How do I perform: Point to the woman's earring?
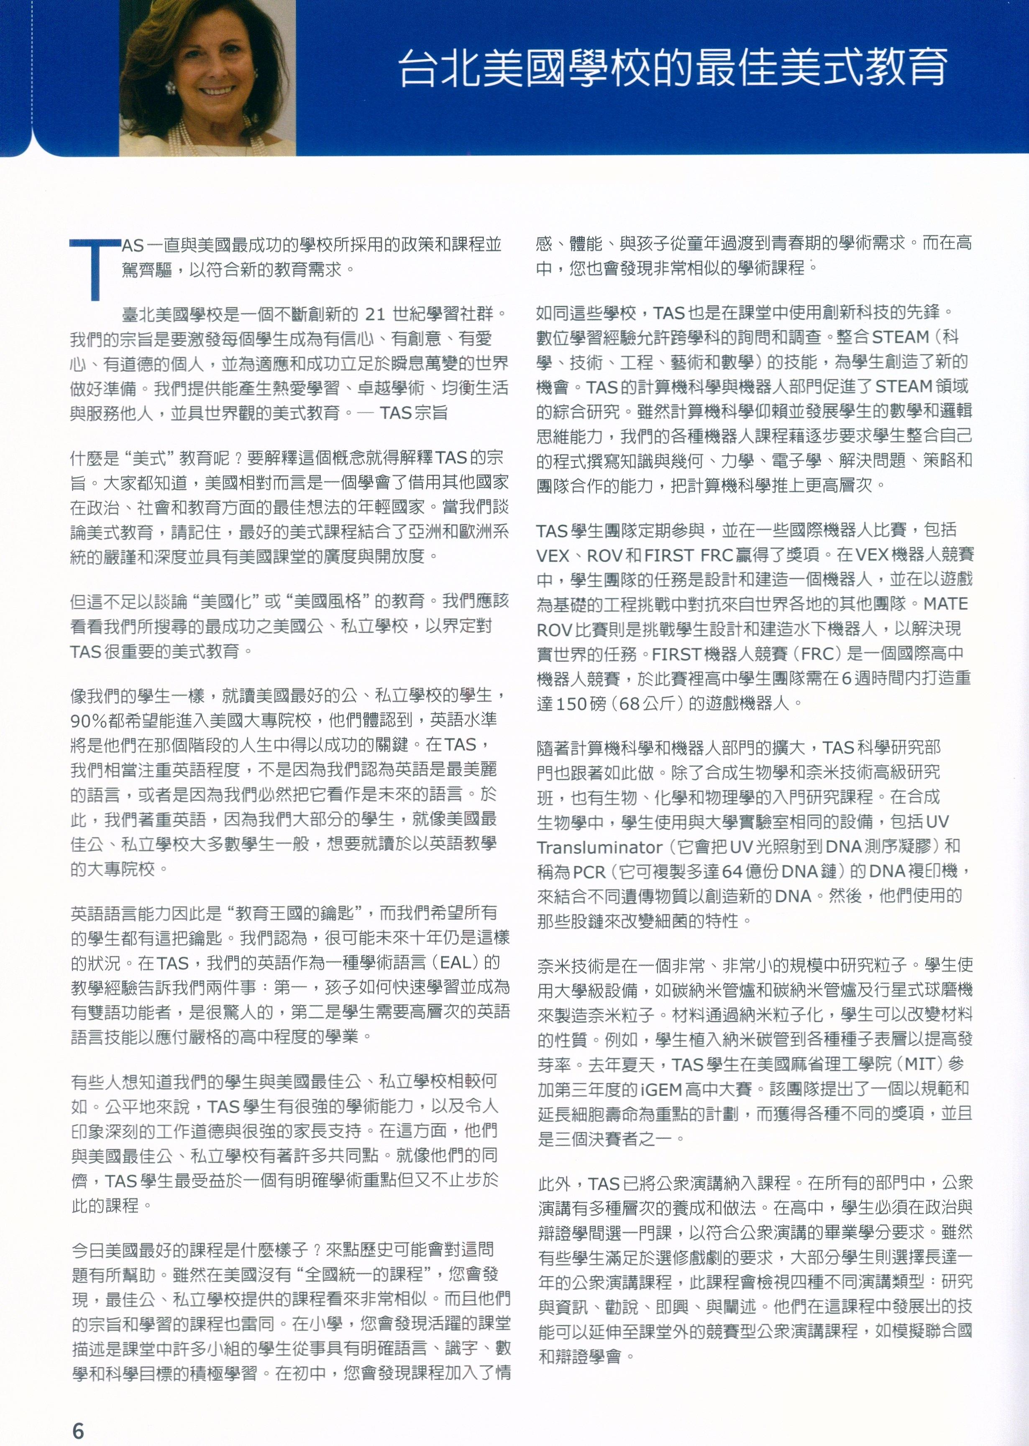[170, 87]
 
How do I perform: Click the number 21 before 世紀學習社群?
[376, 314]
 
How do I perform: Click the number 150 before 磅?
[571, 703]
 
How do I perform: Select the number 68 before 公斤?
[629, 703]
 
